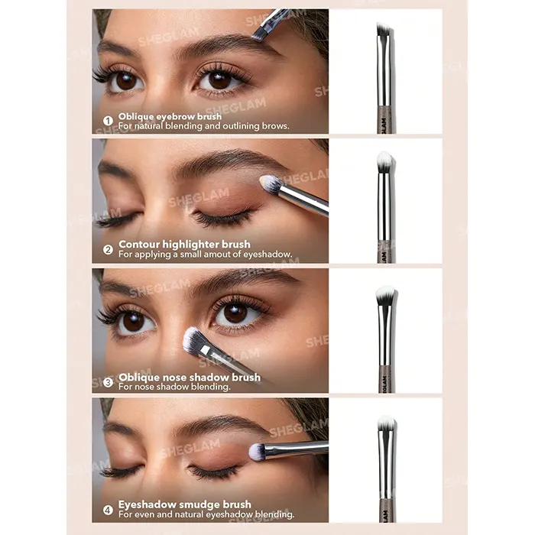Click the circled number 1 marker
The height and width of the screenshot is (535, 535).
pyautogui.click(x=108, y=121)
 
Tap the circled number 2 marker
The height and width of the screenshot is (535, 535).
pyautogui.click(x=108, y=250)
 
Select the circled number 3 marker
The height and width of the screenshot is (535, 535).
pyautogui.click(x=108, y=382)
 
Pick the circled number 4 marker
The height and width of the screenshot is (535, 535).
pyautogui.click(x=108, y=510)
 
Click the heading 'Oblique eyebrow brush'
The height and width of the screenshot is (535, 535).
pyautogui.click(x=170, y=116)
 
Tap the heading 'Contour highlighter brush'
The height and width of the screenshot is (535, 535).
pyautogui.click(x=184, y=245)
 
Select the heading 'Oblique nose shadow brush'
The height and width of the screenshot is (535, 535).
pyautogui.click(x=190, y=377)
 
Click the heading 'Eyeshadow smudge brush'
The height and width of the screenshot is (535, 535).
pyautogui.click(x=185, y=504)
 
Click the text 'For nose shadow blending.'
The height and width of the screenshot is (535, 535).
pyautogui.click(x=174, y=387)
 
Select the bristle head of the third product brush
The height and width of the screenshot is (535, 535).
pyautogui.click(x=386, y=296)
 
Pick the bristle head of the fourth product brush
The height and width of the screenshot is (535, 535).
pyautogui.click(x=386, y=423)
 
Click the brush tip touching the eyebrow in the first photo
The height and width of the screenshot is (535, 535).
pyautogui.click(x=258, y=34)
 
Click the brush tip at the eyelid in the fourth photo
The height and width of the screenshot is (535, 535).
pyautogui.click(x=257, y=452)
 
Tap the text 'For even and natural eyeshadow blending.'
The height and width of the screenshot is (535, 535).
pyautogui.click(x=206, y=514)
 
